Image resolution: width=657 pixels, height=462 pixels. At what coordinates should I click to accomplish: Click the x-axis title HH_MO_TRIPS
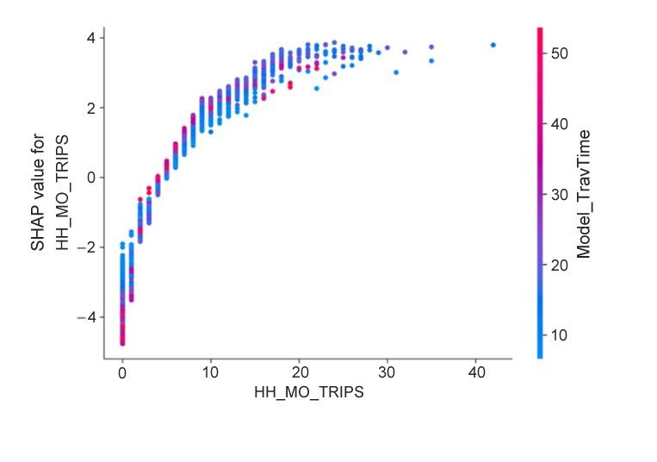308,392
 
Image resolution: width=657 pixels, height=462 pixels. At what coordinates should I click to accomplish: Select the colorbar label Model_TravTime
584,193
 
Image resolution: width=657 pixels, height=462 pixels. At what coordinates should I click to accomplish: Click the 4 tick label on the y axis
89,38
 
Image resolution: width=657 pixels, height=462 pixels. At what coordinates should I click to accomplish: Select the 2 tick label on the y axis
89,108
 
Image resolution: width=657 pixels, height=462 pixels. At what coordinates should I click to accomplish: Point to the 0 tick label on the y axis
89,178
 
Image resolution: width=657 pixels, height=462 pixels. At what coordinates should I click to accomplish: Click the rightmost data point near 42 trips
493,45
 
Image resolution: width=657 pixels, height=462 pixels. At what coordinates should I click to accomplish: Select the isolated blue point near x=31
395,72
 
